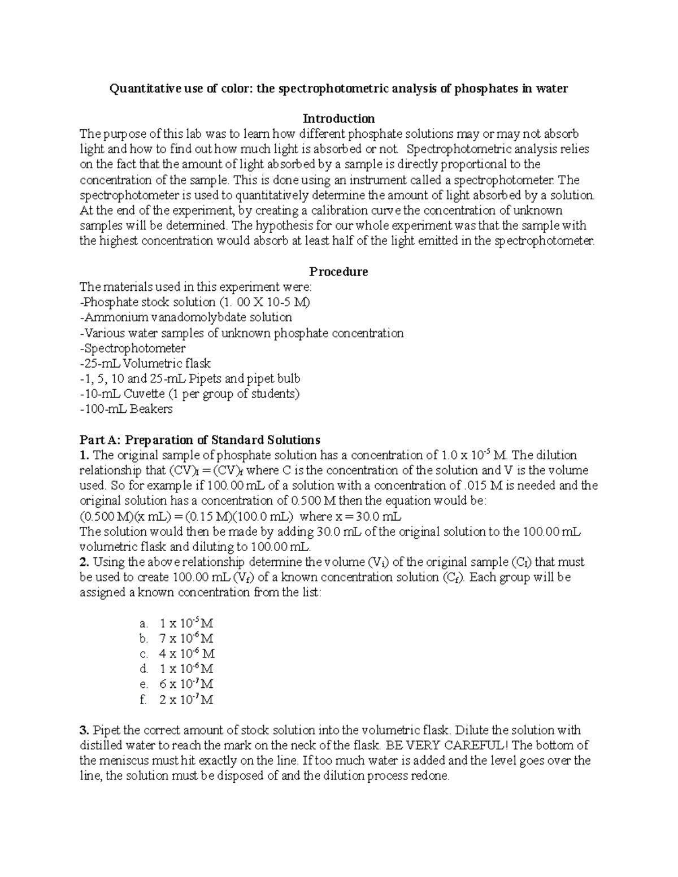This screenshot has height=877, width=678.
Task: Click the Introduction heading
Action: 338,119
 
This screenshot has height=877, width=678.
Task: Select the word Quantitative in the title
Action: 142,89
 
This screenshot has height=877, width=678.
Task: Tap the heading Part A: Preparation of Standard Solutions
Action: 200,440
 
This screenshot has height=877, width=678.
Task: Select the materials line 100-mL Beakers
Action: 126,409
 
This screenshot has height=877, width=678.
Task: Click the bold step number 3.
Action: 85,730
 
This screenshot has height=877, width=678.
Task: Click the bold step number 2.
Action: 85,562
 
